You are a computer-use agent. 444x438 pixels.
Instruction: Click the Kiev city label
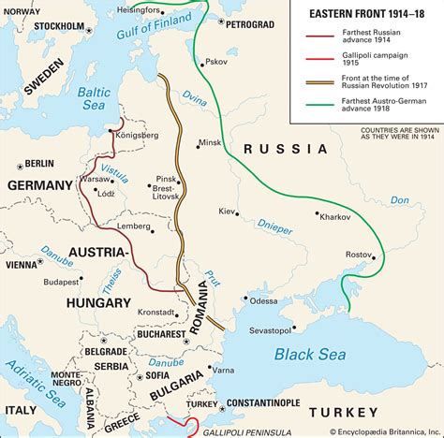click(x=228, y=212)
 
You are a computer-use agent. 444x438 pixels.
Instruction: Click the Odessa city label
click(x=263, y=300)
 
